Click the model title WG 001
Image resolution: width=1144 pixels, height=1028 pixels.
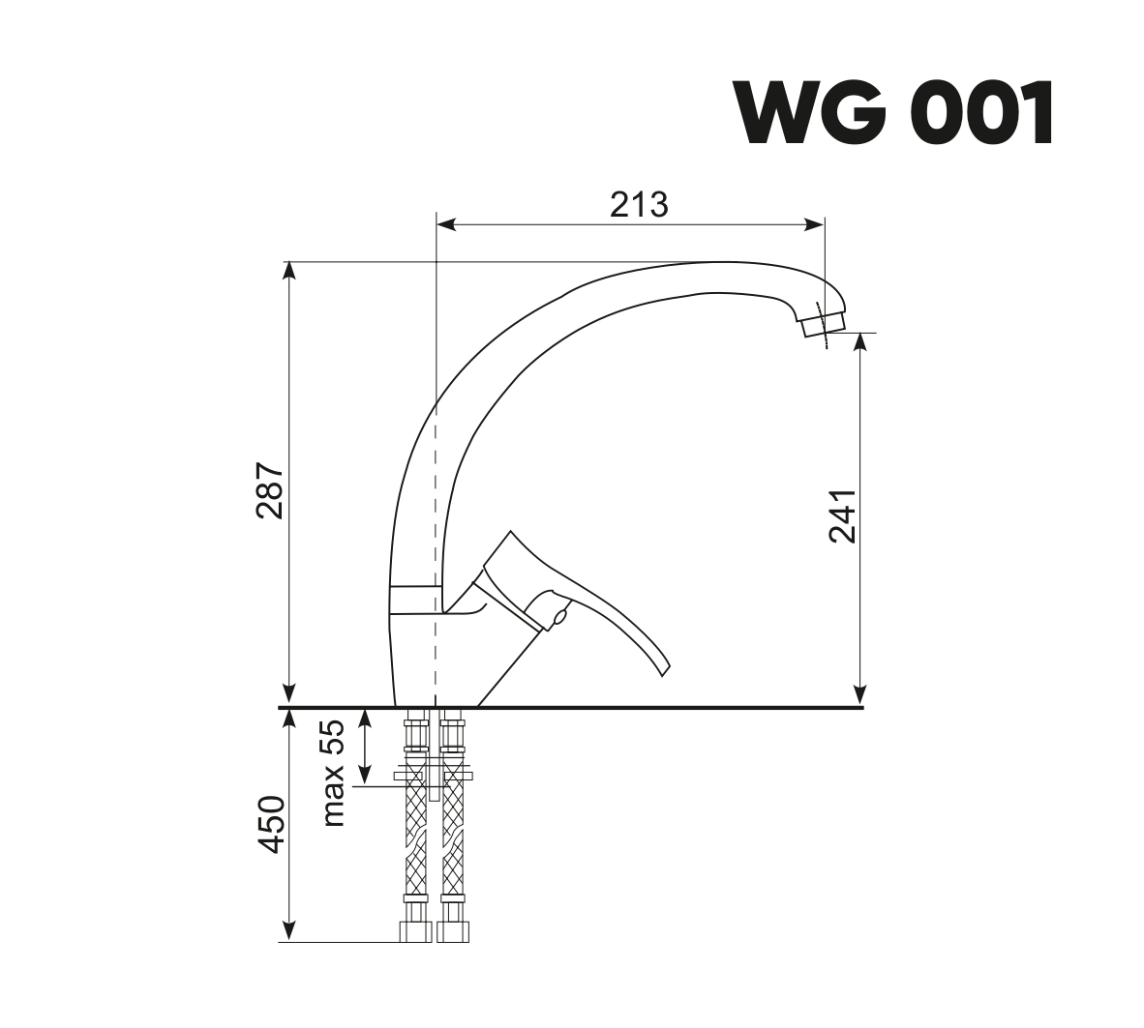(x=894, y=114)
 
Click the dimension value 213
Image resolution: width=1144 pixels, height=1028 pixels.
(x=639, y=205)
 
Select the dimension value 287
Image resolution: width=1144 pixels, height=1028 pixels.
(x=270, y=490)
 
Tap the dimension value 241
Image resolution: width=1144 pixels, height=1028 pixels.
(x=842, y=515)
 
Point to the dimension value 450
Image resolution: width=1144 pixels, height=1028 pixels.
(x=271, y=825)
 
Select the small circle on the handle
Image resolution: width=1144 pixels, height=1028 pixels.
(x=560, y=618)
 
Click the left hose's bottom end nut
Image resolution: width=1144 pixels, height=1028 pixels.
(x=415, y=931)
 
